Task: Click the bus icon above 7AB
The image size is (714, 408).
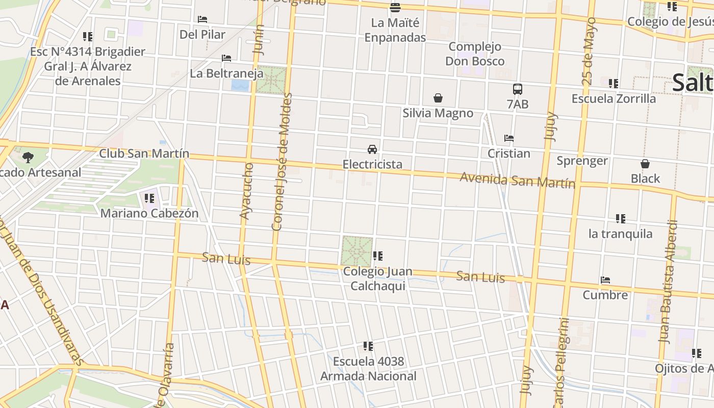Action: (518, 89)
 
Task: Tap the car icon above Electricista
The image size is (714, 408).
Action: (372, 149)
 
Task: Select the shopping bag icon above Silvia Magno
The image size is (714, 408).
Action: (438, 98)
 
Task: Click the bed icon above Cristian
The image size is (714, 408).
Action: (508, 138)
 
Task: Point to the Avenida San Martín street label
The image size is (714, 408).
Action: (517, 180)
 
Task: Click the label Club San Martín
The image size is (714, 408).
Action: (144, 154)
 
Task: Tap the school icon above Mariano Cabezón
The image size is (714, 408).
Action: (149, 198)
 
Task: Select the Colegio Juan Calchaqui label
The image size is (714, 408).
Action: (377, 278)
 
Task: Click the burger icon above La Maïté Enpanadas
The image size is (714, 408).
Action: (395, 7)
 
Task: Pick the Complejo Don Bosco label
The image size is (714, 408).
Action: (475, 54)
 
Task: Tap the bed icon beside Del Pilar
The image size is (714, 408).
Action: (202, 19)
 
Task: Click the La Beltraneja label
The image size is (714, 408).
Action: (226, 73)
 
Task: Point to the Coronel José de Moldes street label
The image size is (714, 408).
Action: (282, 161)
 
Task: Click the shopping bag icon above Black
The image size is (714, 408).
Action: (645, 164)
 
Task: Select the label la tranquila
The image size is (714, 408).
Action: (620, 234)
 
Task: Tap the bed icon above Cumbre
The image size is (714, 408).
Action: (605, 280)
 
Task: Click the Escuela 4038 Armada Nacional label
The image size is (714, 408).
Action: (368, 369)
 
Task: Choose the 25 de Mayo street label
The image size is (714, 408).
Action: (588, 51)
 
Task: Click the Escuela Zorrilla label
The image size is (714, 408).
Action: (614, 99)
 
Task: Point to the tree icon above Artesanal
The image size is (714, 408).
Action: (28, 157)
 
